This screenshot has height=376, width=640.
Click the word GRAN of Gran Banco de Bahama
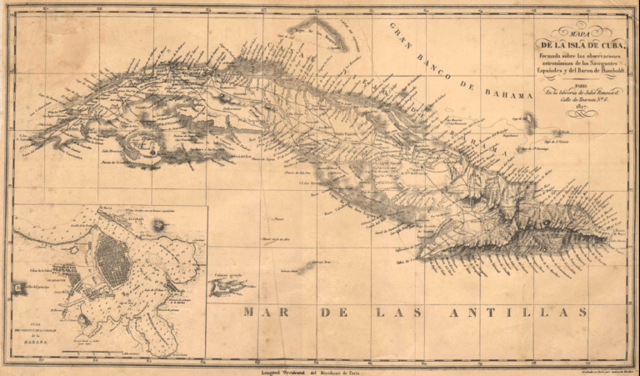pyautogui.click(x=402, y=33)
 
